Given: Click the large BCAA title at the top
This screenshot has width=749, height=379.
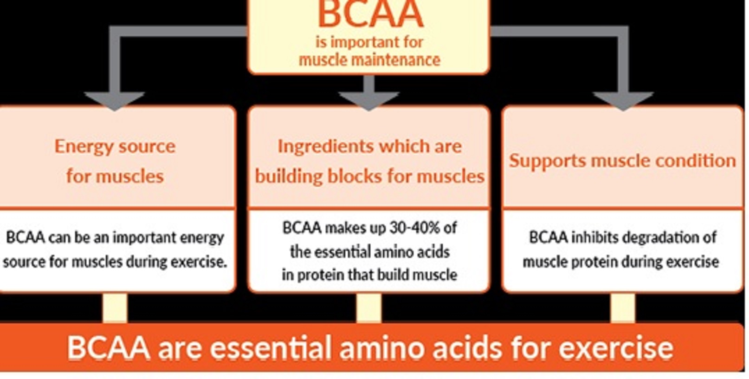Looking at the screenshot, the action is click(x=371, y=13).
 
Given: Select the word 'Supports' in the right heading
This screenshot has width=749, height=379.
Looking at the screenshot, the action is click(x=548, y=161).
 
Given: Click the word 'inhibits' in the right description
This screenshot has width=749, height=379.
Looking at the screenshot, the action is click(x=594, y=237).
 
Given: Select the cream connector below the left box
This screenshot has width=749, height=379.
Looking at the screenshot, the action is click(x=115, y=307).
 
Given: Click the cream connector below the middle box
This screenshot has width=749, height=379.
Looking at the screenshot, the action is click(x=369, y=307).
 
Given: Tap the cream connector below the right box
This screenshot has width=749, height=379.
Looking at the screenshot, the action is click(x=623, y=307).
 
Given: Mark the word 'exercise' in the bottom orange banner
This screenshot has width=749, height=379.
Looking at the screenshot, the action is click(x=616, y=348).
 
